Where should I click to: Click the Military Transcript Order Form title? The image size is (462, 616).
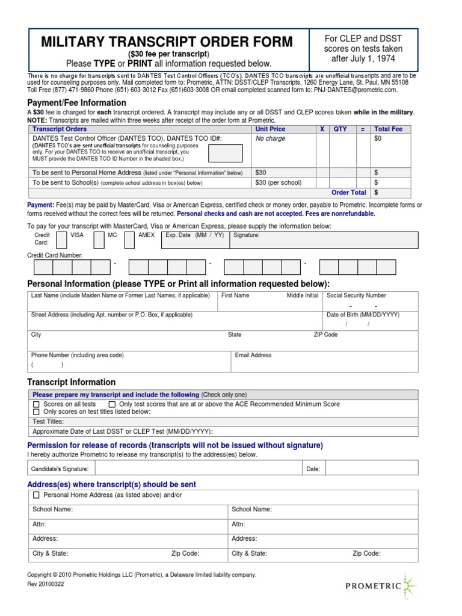coord(167,42)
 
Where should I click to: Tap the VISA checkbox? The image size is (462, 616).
coord(61,240)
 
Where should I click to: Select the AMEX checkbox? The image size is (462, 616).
coord(129,240)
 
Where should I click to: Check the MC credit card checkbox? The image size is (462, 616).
coord(99,240)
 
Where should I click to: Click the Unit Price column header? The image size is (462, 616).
coord(270,129)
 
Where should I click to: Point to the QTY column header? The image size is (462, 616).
coord(340,129)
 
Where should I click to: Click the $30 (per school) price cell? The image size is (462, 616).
coord(277,182)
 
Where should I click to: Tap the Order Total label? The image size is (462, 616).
coord(349,192)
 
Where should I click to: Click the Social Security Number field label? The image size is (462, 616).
coord(356,295)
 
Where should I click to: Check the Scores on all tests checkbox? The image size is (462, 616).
coord(36,404)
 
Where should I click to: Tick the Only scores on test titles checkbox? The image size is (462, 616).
coord(36,412)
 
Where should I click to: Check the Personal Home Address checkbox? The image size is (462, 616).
coord(36,495)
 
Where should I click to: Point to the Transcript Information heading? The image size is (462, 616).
coord(72,382)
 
